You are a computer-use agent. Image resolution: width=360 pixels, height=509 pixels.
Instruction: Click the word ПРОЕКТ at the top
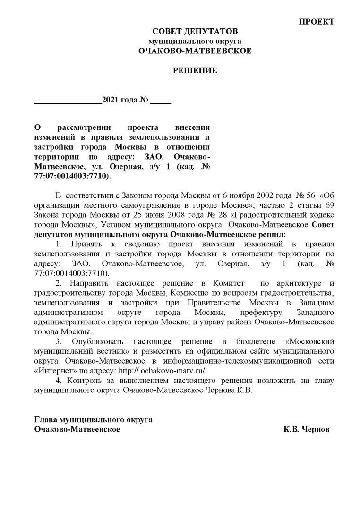click(316, 22)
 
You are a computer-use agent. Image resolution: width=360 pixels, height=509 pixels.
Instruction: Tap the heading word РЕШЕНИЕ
click(194, 70)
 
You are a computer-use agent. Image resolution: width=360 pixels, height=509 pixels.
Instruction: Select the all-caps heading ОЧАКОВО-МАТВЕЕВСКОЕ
click(195, 51)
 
